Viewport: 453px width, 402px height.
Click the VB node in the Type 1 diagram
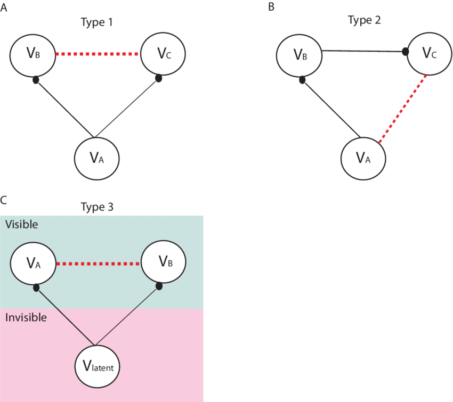[33, 53]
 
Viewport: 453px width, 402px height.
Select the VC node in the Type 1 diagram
[163, 53]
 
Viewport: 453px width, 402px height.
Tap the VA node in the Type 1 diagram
[96, 158]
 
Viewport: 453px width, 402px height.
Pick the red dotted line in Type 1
[98, 54]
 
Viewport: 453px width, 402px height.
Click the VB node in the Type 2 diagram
[299, 54]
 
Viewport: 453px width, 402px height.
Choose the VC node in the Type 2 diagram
[429, 53]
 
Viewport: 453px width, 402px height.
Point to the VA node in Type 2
[362, 158]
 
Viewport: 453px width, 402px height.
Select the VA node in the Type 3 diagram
[33, 262]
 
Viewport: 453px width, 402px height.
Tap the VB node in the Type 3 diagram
[163, 262]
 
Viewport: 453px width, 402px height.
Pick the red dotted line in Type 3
[98, 264]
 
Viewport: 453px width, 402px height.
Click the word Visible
[21, 224]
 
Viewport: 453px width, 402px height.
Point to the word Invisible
[26, 317]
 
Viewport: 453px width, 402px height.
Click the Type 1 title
[96, 22]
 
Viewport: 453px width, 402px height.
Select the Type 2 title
[364, 20]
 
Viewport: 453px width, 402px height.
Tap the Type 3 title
[96, 207]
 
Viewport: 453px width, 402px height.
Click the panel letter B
[271, 6]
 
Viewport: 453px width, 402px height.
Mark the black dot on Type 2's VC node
[405, 52]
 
